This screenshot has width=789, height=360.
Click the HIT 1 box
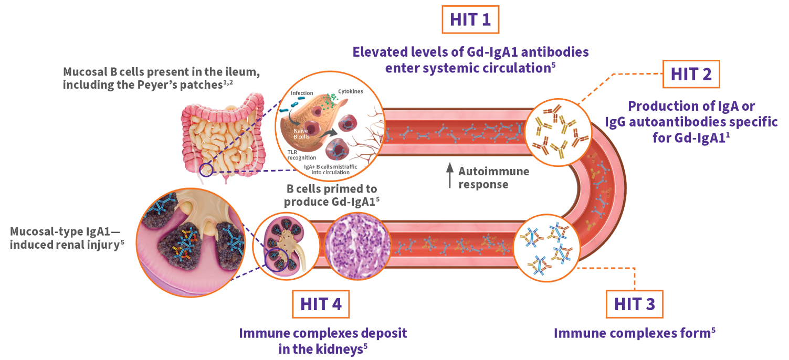[x=470, y=20]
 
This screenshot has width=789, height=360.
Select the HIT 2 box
[x=691, y=75]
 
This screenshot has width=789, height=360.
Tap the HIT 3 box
[x=634, y=304]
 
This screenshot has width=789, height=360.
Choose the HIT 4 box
[x=320, y=304]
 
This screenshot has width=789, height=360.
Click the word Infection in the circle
[x=302, y=93]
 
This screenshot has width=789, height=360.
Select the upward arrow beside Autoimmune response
[x=449, y=176]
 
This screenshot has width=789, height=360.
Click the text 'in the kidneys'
[x=320, y=349]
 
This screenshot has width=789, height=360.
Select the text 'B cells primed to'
[x=331, y=189]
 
